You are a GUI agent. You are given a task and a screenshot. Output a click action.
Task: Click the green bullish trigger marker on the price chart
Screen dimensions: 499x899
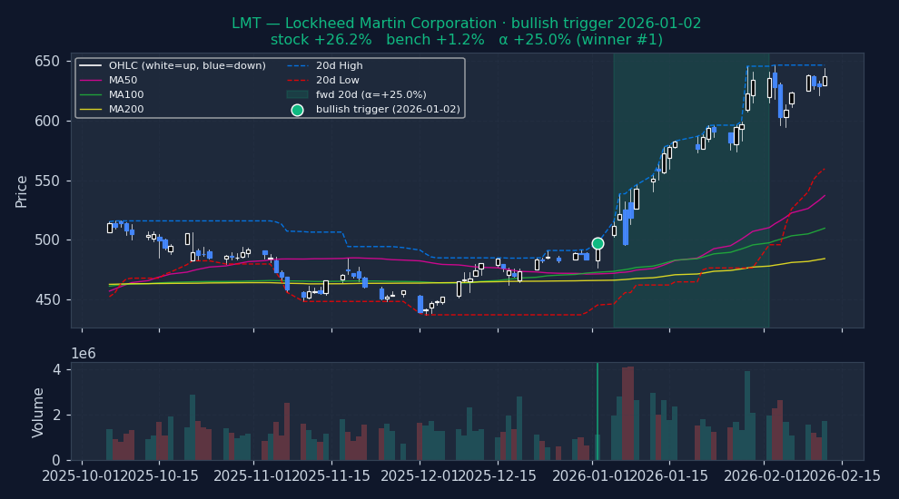[x=598, y=243]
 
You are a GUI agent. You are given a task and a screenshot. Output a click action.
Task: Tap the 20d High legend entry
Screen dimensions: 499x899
[x=339, y=65]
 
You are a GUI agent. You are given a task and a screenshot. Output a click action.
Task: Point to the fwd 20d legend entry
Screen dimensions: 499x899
[x=370, y=94]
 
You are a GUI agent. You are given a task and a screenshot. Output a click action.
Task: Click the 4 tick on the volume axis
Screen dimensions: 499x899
[x=56, y=370]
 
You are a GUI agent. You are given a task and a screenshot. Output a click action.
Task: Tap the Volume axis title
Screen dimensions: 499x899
[x=38, y=412]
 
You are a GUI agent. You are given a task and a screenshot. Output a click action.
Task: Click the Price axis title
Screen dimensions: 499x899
[x=22, y=191]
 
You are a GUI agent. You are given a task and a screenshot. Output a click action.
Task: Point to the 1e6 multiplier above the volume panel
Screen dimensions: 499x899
[x=84, y=354]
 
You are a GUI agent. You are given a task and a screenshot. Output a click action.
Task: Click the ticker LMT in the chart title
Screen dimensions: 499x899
[x=245, y=24]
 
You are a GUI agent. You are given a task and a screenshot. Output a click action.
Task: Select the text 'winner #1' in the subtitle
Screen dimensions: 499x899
[x=623, y=40]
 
